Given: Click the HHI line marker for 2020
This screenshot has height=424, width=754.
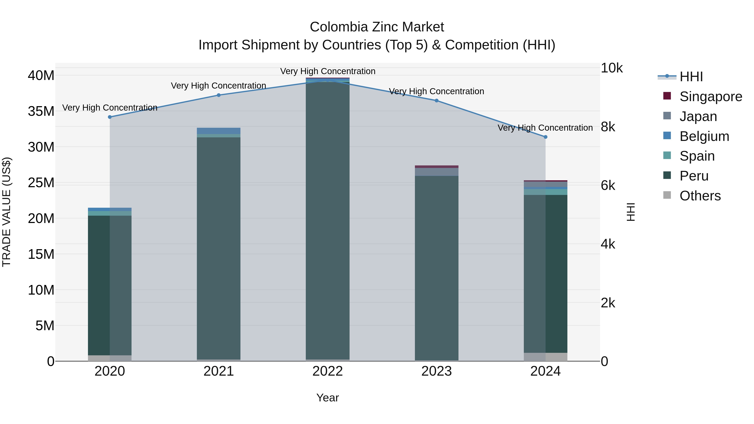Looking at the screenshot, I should [x=110, y=117].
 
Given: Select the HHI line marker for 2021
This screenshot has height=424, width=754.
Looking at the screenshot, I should [x=219, y=95].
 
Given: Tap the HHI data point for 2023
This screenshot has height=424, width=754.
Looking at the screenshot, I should [x=436, y=101].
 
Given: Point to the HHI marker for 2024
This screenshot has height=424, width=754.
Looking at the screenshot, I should [x=545, y=137].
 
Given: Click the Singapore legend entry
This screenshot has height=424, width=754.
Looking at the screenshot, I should [x=711, y=97].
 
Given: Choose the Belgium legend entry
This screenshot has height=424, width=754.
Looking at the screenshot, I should [x=704, y=136].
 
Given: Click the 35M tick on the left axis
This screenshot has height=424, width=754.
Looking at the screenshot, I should [x=41, y=111].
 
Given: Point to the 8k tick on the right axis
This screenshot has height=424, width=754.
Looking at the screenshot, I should [x=608, y=127].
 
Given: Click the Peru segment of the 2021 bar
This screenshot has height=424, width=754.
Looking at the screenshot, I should [x=219, y=249].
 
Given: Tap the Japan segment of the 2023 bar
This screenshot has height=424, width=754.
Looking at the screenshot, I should [x=436, y=172].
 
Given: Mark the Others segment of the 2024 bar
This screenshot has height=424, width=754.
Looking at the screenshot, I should [x=545, y=357].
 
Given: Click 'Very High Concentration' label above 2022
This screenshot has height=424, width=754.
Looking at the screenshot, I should [x=328, y=71].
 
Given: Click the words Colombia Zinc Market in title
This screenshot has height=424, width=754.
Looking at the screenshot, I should [x=377, y=27].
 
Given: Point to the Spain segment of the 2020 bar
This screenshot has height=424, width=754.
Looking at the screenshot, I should [x=110, y=213].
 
